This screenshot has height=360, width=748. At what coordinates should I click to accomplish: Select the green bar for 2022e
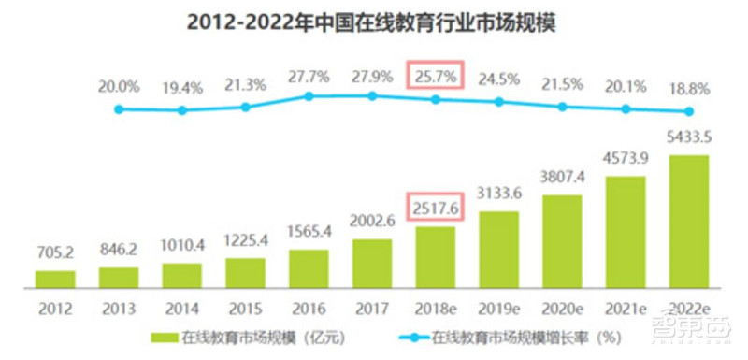click(x=688, y=220)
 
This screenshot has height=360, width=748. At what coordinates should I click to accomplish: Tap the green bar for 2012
click(x=55, y=278)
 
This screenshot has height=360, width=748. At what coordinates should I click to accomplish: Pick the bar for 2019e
click(x=498, y=248)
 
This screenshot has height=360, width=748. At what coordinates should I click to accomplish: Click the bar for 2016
click(x=309, y=266)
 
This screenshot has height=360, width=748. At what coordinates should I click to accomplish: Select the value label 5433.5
click(x=688, y=138)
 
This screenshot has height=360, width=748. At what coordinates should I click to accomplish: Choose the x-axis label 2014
click(x=181, y=306)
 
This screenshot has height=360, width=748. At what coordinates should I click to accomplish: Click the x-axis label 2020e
click(x=562, y=306)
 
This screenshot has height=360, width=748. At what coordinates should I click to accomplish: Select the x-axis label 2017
click(x=371, y=306)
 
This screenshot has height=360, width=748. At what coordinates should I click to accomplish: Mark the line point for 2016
click(x=309, y=95)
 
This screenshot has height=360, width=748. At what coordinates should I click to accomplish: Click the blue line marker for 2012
click(x=119, y=108)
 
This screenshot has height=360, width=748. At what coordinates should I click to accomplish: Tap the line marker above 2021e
click(x=625, y=108)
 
